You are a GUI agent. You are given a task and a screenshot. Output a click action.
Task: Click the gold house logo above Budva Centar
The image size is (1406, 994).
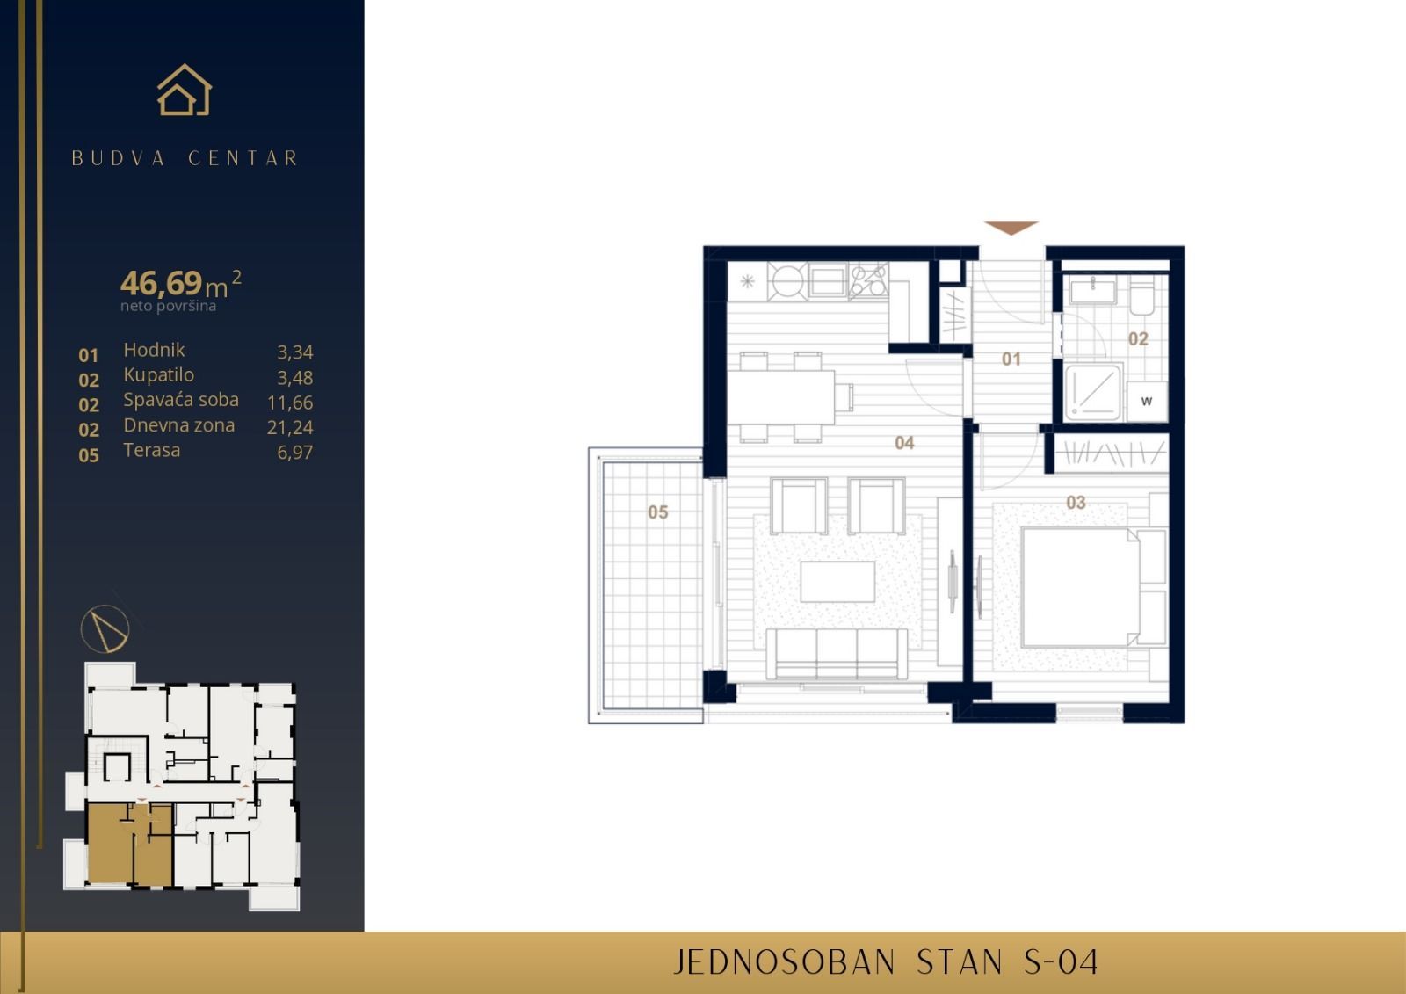[x=185, y=91]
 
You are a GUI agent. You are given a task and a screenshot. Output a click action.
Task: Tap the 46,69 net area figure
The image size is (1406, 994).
[x=162, y=283]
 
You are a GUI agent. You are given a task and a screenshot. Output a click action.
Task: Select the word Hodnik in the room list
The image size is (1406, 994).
[x=154, y=350]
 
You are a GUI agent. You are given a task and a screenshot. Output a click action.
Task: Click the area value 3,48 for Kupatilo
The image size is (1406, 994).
[x=294, y=378]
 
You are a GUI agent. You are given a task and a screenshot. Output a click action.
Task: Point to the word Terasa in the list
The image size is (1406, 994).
[x=151, y=450]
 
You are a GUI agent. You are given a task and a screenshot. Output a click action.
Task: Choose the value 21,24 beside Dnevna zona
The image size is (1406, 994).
[x=289, y=427]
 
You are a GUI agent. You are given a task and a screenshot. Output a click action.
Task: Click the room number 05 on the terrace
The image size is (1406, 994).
[x=657, y=512]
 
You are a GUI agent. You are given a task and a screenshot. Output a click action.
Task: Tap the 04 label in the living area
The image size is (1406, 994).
[x=904, y=443]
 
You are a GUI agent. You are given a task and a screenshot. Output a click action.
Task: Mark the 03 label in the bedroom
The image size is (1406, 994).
[x=1076, y=503]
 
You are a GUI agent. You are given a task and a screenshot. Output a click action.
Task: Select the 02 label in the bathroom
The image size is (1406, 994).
[x=1138, y=339]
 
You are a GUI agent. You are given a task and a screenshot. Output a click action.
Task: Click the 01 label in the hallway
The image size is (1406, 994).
[x=1011, y=359]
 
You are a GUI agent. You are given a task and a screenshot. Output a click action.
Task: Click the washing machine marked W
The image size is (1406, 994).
[x=1147, y=402]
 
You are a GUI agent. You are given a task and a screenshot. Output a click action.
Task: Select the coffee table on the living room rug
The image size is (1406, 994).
[x=837, y=581]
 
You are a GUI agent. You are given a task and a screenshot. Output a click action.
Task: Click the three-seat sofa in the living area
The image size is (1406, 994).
[x=837, y=654]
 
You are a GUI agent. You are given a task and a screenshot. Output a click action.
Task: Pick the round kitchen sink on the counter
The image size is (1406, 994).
[x=786, y=281]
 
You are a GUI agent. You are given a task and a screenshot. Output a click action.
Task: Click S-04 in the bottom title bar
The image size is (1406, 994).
[x=1062, y=962]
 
